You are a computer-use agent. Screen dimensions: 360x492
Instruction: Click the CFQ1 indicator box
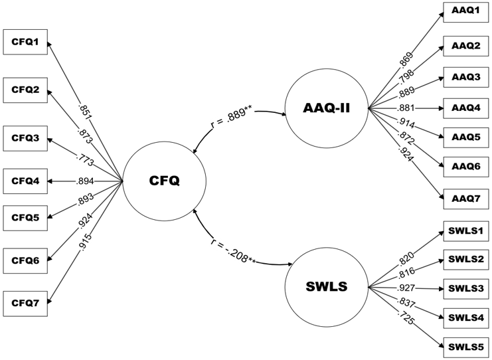coord(26,43)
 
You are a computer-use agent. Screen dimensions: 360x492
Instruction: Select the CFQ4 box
coord(26,180)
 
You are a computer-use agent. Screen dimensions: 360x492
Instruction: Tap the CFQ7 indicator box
coord(26,304)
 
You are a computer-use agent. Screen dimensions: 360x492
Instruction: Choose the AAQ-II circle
coord(326,108)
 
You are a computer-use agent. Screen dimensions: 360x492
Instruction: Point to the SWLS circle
coord(326,287)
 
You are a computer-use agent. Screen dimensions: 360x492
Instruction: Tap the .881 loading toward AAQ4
coord(405,108)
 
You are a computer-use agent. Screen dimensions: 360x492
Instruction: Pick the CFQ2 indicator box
coord(26,89)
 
